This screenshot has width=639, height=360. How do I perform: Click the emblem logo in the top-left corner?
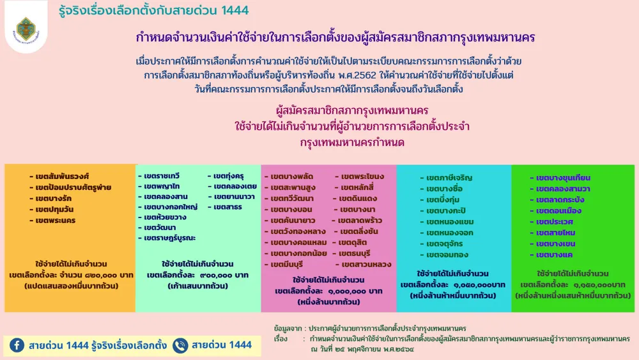[26, 30]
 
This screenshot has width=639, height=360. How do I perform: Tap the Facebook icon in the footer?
[17, 345]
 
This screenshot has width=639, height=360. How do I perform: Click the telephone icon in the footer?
[180, 345]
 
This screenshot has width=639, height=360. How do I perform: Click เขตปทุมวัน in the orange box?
[54, 210]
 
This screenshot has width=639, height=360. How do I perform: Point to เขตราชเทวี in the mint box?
[162, 176]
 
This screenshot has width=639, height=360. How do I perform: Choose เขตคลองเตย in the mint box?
[235, 186]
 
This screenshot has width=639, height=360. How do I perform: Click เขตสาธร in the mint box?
[227, 207]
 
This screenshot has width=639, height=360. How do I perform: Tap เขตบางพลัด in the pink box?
[292, 176]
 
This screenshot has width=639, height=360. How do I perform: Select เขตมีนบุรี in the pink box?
[286, 265]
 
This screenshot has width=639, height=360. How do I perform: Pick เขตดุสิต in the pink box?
[353, 242]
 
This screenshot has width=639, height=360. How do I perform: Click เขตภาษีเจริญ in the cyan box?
[449, 178]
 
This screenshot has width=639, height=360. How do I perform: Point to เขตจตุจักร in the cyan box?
[444, 244]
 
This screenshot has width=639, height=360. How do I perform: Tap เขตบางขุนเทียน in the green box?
[563, 178]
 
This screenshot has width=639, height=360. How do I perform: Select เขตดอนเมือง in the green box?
[558, 211]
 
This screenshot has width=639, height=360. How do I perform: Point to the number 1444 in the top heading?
[235, 10]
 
